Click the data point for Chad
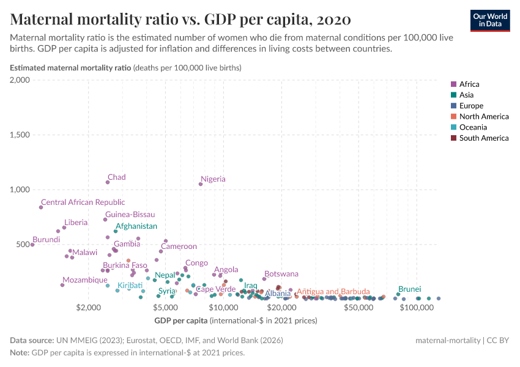108,182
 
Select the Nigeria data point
201,184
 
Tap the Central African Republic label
83,202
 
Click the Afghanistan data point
116,231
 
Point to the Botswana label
281,274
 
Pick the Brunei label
409,289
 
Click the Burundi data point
32,245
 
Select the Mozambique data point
62,285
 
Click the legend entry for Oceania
473,127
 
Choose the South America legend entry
483,138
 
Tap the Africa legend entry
469,84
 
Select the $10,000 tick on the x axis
223,308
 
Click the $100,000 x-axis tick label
417,308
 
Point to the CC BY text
499,340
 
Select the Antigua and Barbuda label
333,292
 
